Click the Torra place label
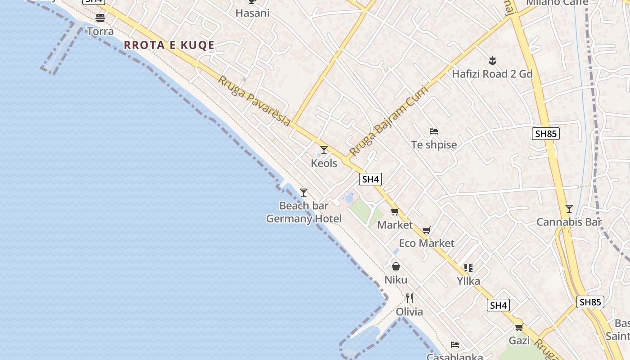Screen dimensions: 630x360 pyautogui.click(x=100, y=31)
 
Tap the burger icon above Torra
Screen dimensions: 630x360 pyautogui.click(x=100, y=18)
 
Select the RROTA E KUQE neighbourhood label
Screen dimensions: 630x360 pyautogui.click(x=169, y=45)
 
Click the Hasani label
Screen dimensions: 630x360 pyautogui.click(x=252, y=13)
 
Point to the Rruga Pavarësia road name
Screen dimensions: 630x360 pyautogui.click(x=254, y=101)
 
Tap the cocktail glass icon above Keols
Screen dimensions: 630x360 pyautogui.click(x=324, y=150)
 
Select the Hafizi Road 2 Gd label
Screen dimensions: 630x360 pyautogui.click(x=492, y=74)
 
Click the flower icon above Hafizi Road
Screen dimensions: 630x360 pyautogui.click(x=492, y=60)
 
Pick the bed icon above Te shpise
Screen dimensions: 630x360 pyautogui.click(x=434, y=131)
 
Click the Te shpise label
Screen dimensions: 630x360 pyautogui.click(x=434, y=145)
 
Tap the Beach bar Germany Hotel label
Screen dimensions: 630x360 pyautogui.click(x=304, y=212)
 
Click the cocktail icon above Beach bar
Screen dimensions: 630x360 pyautogui.click(x=304, y=193)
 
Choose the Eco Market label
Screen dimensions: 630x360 pyautogui.click(x=427, y=243)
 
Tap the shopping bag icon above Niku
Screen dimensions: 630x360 pyautogui.click(x=396, y=266)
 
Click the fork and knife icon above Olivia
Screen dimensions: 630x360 pyautogui.click(x=409, y=298)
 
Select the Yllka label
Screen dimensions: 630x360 pyautogui.click(x=468, y=281)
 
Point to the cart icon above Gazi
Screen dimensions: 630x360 pyautogui.click(x=519, y=327)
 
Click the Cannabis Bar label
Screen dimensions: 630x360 pyautogui.click(x=569, y=222)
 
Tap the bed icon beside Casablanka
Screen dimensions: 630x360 pyautogui.click(x=455, y=345)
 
